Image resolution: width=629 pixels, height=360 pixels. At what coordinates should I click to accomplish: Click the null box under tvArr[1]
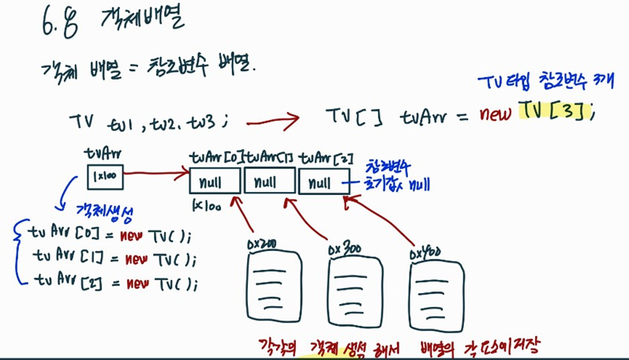(x=268, y=183)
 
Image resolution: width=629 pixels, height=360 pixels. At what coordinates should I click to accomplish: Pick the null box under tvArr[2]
(x=321, y=183)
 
